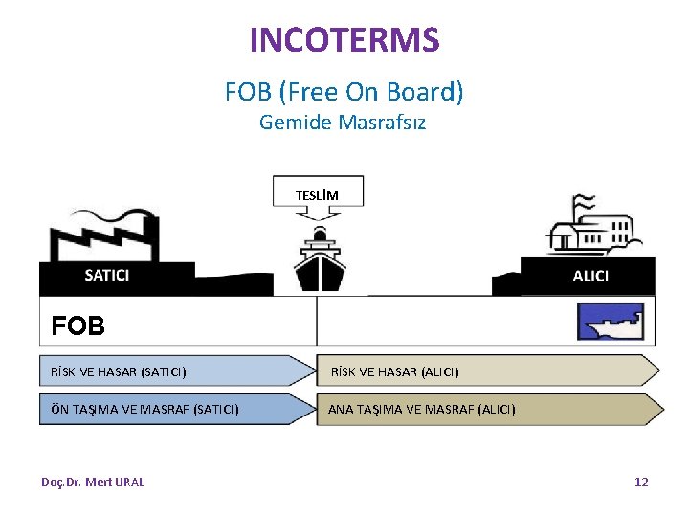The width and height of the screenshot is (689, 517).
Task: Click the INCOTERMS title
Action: click(x=344, y=40)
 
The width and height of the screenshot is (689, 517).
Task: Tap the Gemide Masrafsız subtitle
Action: click(x=343, y=123)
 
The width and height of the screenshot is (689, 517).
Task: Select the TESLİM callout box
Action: click(x=318, y=192)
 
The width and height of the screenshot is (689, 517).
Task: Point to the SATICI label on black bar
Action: click(x=107, y=276)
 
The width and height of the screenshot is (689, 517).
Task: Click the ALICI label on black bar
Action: click(x=589, y=277)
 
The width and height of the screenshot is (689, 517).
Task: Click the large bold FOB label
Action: click(x=78, y=326)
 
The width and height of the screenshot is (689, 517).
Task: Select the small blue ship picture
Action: click(x=610, y=323)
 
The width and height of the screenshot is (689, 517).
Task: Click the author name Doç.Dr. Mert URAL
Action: click(x=93, y=482)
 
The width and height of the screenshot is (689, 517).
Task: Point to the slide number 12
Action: click(x=641, y=482)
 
